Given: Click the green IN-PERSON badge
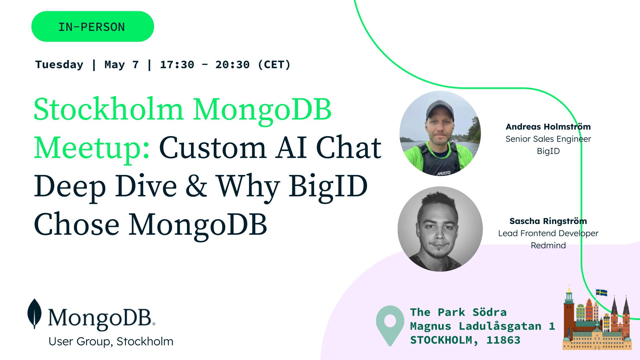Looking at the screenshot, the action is pos(93,26).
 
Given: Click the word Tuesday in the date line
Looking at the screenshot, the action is pos(59,64).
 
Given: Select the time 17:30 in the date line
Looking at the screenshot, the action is pos(177,64).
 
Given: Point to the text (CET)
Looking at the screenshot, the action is pos(274,64).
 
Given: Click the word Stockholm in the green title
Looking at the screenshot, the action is pos(108,109).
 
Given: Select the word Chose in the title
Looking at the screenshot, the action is pos(77,224).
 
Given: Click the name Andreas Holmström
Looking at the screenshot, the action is pos(548,127).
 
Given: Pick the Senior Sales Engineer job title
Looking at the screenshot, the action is pos(548,139).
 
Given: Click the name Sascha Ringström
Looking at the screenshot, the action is pos(548,221).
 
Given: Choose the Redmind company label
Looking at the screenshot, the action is pos(548,245).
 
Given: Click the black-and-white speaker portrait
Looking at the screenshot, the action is pos(440,229).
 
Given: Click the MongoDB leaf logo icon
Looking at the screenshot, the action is pos(34,314).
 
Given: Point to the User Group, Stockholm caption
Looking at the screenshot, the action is pos(111,341).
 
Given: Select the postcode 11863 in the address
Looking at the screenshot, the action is pos(503,340).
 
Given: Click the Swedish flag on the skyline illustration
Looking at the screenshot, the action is pos(601,293).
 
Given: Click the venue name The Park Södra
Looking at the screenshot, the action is pos(458,312).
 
